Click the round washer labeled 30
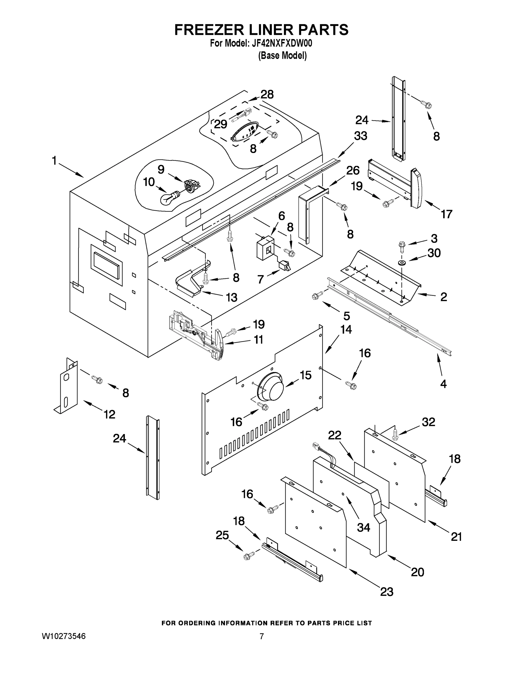402,263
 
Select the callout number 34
363,527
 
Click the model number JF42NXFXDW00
282,44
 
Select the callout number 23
387,591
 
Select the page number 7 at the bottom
262,636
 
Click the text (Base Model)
282,56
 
